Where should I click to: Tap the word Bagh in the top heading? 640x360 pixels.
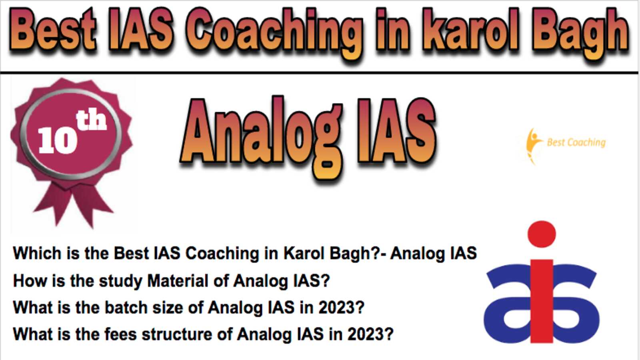point(580,33)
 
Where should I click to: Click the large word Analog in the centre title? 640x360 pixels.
point(262,137)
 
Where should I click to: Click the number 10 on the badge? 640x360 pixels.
point(58,140)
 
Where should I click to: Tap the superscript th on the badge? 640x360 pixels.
point(91,120)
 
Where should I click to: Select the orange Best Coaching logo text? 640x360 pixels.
point(576,142)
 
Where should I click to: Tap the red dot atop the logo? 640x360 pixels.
point(542,234)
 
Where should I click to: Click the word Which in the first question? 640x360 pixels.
point(37,253)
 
